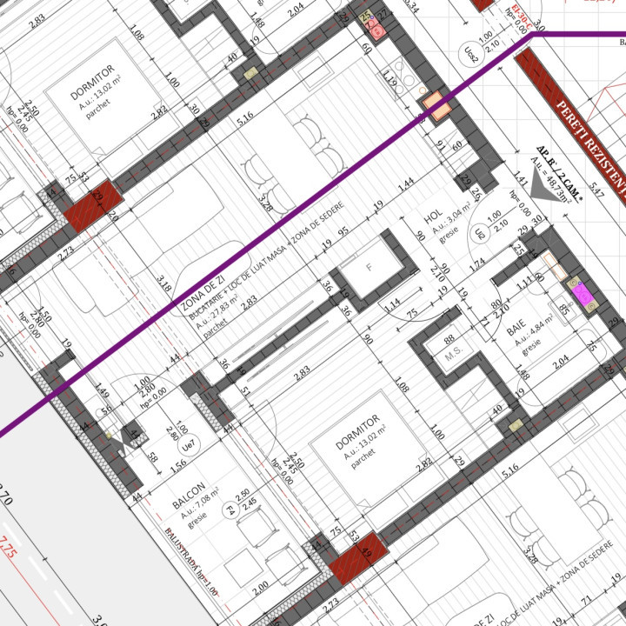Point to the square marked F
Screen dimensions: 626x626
369,268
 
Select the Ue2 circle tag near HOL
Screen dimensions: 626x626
479,233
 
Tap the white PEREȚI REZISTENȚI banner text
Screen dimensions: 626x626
589,143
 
